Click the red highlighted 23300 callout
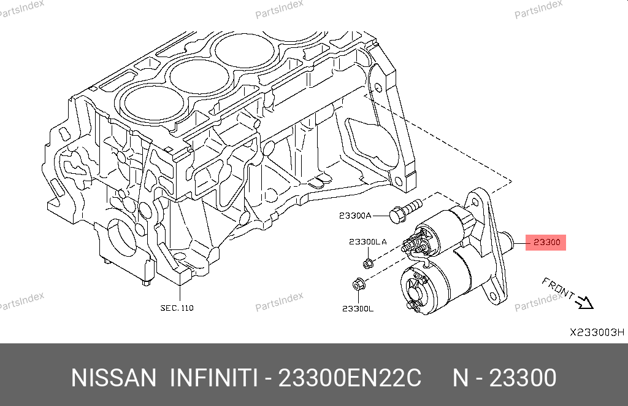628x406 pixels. (545, 243)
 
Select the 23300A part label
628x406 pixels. (355, 216)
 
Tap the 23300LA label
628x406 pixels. (368, 241)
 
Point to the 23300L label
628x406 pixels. (358, 308)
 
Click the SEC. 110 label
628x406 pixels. (177, 308)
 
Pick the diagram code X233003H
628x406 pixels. (597, 332)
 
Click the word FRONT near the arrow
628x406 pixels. (558, 288)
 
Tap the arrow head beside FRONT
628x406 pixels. (585, 302)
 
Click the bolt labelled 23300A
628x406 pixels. (405, 211)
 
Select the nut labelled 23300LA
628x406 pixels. (368, 263)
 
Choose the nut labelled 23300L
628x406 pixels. (358, 284)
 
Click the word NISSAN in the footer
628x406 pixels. (113, 378)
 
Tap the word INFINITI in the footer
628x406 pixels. (213, 378)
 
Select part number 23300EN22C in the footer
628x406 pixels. (350, 378)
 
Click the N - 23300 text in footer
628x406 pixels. (505, 378)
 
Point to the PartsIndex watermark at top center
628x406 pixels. (279, 9)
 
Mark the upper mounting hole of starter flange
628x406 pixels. (475, 201)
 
